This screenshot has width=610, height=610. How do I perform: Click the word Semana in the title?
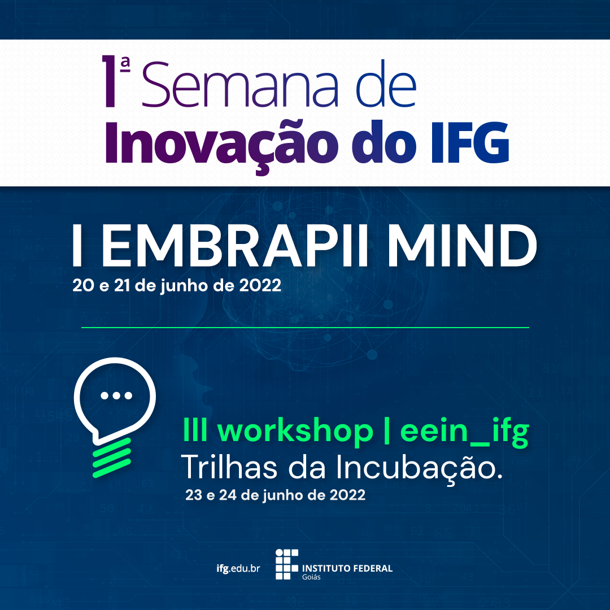click(x=240, y=84)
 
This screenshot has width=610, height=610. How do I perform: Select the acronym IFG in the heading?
click(x=470, y=142)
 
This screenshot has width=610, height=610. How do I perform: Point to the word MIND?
click(x=462, y=246)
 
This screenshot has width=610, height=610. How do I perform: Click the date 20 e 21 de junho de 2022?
click(x=177, y=286)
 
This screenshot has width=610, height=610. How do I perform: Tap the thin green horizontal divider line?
click(x=305, y=328)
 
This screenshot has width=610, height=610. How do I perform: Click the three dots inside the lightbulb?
click(x=116, y=395)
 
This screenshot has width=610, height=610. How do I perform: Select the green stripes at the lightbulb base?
click(x=112, y=457)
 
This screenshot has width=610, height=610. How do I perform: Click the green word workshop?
click(x=295, y=430)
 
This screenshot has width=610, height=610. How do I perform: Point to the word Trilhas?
click(x=229, y=467)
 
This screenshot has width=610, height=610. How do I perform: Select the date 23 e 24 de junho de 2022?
click(x=276, y=495)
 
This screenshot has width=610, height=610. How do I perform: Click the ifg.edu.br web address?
click(x=238, y=568)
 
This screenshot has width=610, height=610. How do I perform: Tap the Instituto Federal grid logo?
click(x=287, y=564)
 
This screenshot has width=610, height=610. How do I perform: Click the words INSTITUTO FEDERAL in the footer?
click(x=347, y=568)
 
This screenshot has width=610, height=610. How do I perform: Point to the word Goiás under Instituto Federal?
click(x=311, y=577)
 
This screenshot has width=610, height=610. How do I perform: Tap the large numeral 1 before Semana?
click(x=110, y=81)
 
